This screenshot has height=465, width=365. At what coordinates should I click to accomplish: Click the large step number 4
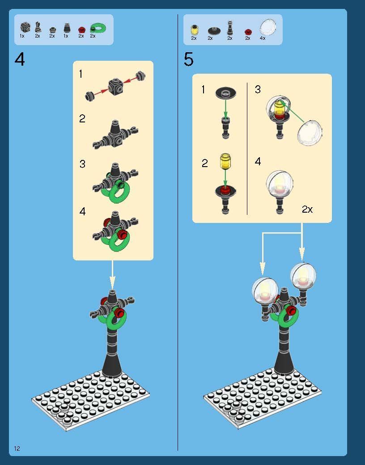point(20,59)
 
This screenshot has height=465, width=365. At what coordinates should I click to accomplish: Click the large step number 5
point(189,59)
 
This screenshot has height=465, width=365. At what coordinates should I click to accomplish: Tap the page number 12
point(17,448)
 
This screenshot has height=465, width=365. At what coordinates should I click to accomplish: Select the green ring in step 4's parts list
point(98,28)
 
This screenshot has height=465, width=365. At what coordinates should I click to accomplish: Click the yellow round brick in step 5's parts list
point(194,30)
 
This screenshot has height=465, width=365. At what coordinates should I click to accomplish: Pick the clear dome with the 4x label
point(268,27)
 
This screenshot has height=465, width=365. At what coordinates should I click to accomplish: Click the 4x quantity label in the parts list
point(263,38)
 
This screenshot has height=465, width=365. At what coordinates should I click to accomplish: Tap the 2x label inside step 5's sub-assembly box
point(307,209)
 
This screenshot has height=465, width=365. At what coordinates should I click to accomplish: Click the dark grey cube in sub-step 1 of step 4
point(115,87)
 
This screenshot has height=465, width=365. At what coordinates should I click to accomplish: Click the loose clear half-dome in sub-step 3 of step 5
point(310,133)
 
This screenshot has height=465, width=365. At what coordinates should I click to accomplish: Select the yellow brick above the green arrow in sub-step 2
point(225,161)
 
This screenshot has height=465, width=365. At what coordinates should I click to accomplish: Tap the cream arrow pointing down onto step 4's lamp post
point(112,275)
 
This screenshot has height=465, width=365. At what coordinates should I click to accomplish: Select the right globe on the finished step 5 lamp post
point(303,276)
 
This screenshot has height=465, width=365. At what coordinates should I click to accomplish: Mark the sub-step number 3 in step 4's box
point(82,164)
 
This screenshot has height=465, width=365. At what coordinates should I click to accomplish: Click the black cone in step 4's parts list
point(67,28)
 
